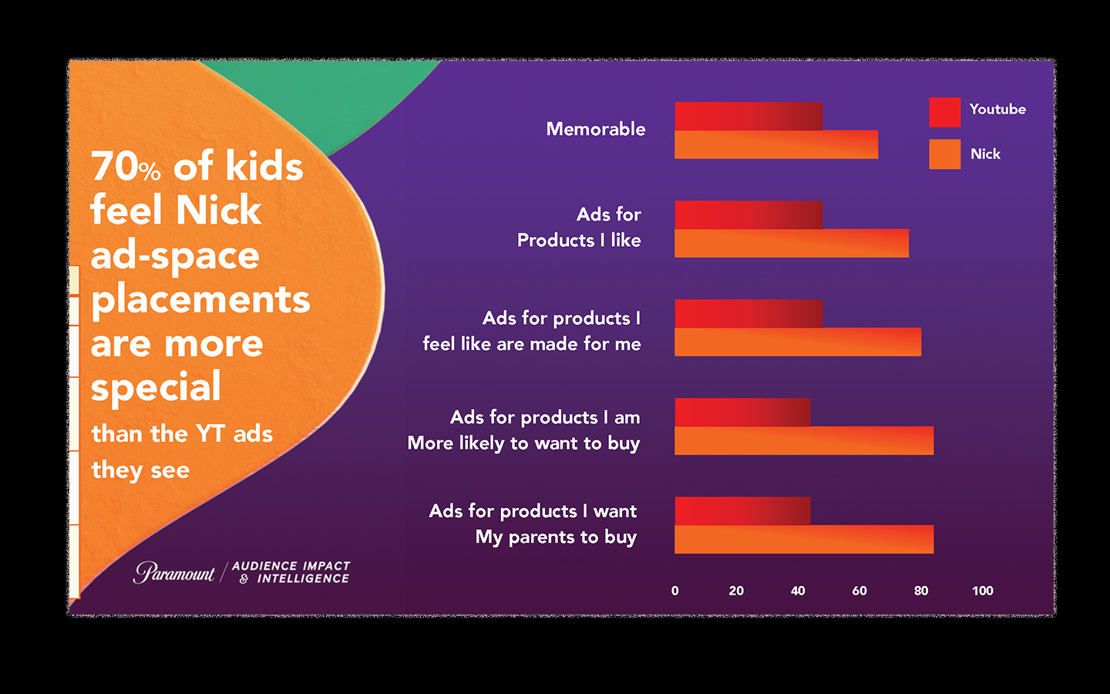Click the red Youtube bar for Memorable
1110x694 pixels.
pos(748,116)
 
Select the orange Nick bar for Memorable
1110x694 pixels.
pos(775,145)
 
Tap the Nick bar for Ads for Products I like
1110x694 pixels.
pos(791,244)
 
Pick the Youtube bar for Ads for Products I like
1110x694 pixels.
pos(748,214)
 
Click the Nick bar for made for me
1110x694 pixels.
pos(797,342)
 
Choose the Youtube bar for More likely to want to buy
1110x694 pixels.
pos(742,412)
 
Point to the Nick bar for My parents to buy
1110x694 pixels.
pos(803,540)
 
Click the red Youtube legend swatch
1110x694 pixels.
pos(944,112)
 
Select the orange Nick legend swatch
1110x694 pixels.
pos(944,154)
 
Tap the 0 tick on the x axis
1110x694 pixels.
pos(675,591)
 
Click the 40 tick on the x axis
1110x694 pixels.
pos(798,591)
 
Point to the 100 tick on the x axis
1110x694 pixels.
pos(982,591)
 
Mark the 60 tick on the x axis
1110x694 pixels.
pos(859,591)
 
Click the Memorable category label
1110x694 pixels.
pos(595,129)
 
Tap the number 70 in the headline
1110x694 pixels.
pos(114,167)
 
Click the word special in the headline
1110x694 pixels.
pos(156,388)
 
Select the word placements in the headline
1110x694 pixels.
pos(200,300)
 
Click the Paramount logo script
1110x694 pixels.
pos(174,572)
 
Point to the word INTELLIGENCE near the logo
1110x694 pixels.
pos(303,579)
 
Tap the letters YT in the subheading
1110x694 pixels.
pos(210,433)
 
